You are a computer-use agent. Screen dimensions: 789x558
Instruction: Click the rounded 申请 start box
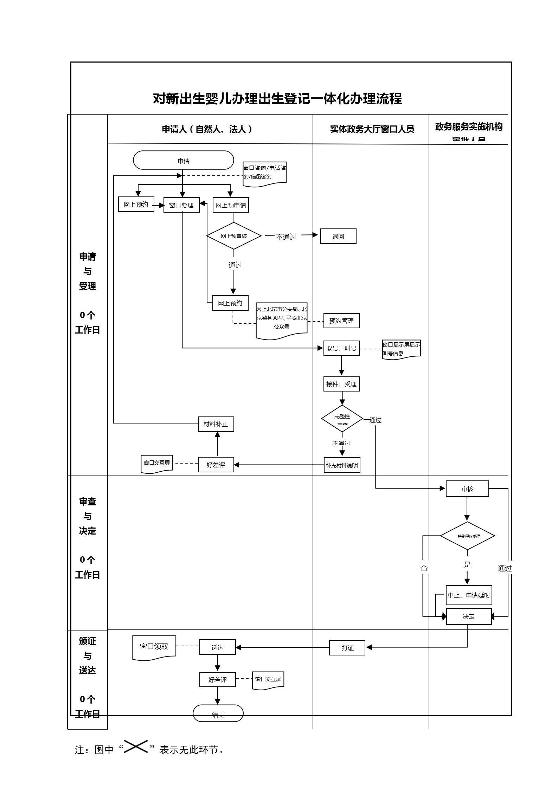(183, 161)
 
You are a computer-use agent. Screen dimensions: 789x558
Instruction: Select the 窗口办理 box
(181, 205)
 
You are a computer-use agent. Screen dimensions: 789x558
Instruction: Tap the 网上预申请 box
(231, 205)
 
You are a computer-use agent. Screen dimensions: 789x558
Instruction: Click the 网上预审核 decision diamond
(234, 236)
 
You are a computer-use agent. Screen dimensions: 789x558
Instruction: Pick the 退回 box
(338, 237)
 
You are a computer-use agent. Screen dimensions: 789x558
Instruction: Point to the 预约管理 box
(341, 321)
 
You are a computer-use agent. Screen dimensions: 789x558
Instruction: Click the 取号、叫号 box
(341, 348)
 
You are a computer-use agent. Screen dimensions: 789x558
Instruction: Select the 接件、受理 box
(341, 384)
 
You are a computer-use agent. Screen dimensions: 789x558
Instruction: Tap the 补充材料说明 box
(342, 465)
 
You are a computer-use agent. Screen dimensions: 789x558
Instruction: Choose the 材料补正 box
(216, 424)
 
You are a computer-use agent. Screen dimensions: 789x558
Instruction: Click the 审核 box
(467, 489)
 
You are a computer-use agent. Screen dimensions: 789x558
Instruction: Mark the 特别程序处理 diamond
(468, 536)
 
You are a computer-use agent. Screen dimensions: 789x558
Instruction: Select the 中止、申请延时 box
(469, 595)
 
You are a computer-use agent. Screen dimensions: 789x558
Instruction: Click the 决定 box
(469, 616)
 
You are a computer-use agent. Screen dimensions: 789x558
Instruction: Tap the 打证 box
(347, 648)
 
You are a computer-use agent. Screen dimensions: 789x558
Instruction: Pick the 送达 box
(217, 647)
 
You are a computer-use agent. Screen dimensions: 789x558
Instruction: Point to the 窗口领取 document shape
(154, 647)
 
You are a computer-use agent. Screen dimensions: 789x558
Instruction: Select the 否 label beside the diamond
(424, 568)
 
